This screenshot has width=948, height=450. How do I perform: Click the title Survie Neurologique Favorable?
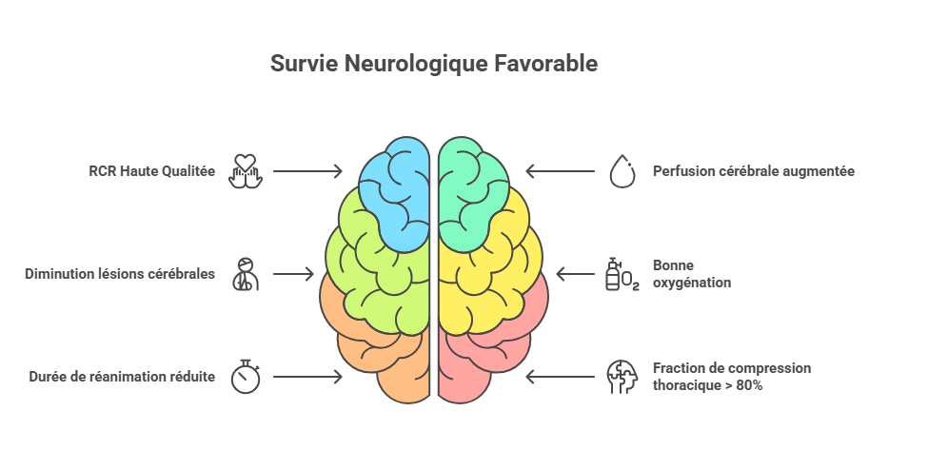click(x=433, y=64)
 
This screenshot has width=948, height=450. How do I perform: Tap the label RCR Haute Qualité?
click(x=151, y=171)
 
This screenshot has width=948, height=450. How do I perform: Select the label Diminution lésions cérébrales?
click(x=120, y=274)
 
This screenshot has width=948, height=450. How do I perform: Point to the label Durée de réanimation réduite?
click(x=122, y=377)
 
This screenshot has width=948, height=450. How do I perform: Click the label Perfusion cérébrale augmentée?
click(x=754, y=171)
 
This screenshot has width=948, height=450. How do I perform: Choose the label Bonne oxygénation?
click(x=692, y=274)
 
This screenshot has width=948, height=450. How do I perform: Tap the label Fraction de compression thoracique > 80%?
click(x=732, y=377)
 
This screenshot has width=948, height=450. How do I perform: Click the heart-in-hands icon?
click(x=246, y=171)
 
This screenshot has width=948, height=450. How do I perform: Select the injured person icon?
click(x=246, y=274)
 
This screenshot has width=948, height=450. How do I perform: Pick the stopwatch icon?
click(x=246, y=377)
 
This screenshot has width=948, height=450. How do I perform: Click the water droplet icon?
click(x=622, y=171)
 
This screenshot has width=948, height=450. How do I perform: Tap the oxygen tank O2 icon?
click(x=622, y=274)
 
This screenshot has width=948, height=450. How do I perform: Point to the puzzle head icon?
click(x=622, y=377)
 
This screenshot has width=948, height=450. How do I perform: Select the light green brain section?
click(x=378, y=265)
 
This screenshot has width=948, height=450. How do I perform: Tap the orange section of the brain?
click(x=378, y=357)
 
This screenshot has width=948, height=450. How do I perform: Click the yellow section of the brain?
click(x=490, y=265)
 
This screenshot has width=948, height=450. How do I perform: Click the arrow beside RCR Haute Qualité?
click(x=307, y=171)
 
